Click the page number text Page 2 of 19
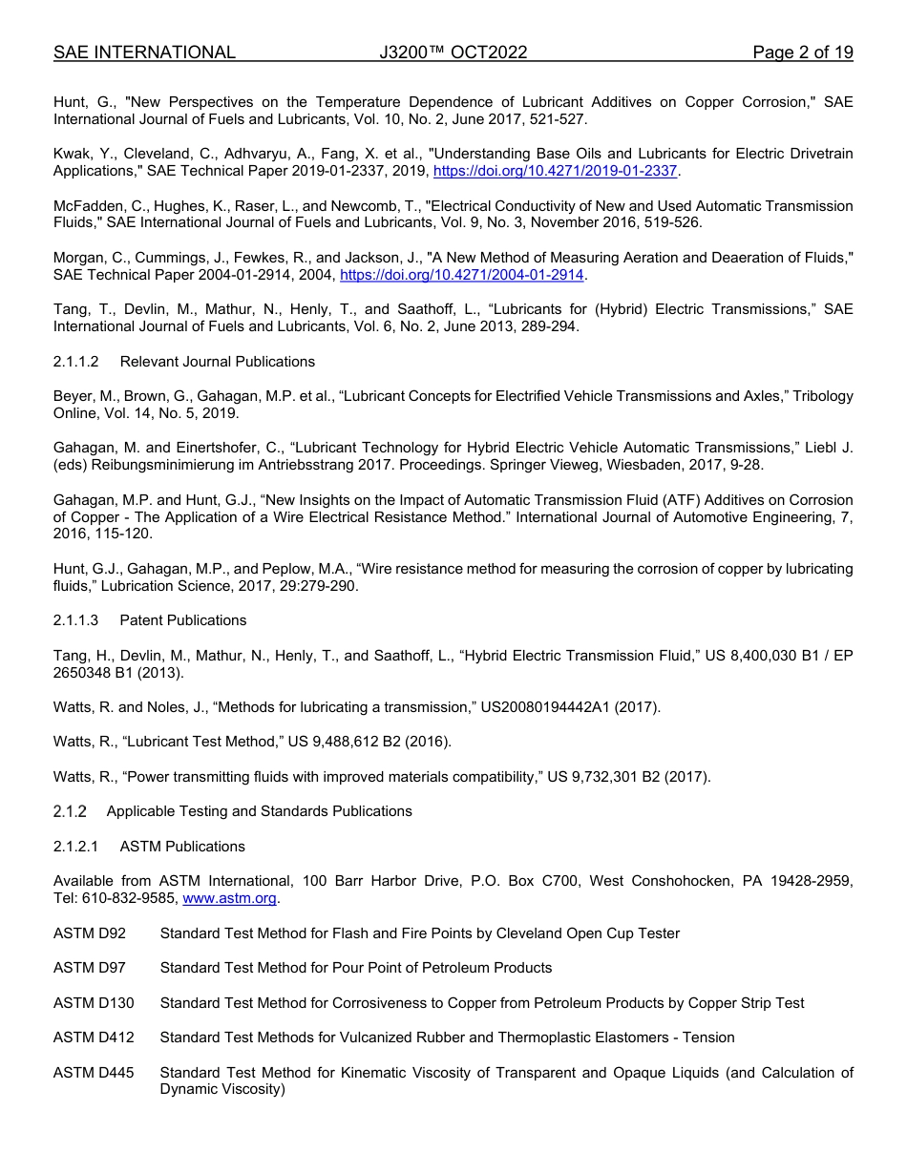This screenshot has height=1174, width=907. (x=802, y=52)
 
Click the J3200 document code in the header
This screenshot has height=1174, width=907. (x=453, y=52)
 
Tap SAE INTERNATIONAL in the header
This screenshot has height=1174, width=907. (x=144, y=52)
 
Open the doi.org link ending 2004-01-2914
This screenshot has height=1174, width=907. (x=461, y=275)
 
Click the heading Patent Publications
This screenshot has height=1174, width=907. (x=182, y=620)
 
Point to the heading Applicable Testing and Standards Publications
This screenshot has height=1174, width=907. (x=259, y=811)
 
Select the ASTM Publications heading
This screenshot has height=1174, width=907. (x=182, y=847)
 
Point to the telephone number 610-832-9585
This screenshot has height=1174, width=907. (x=127, y=898)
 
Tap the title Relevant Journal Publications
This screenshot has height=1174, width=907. (x=217, y=362)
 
